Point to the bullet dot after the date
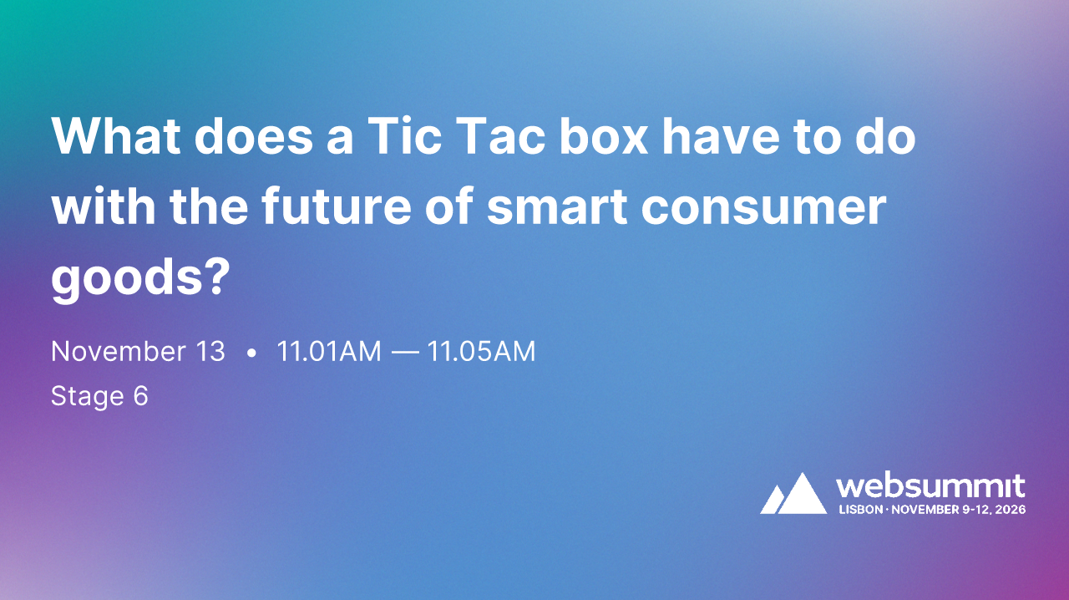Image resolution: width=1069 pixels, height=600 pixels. (x=251, y=353)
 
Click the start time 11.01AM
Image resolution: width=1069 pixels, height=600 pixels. (x=329, y=352)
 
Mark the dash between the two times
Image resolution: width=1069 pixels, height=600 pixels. (x=405, y=353)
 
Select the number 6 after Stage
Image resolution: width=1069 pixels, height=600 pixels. (x=140, y=396)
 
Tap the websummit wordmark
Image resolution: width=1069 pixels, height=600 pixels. (x=930, y=486)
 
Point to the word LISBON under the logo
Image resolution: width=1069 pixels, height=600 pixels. (x=859, y=509)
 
